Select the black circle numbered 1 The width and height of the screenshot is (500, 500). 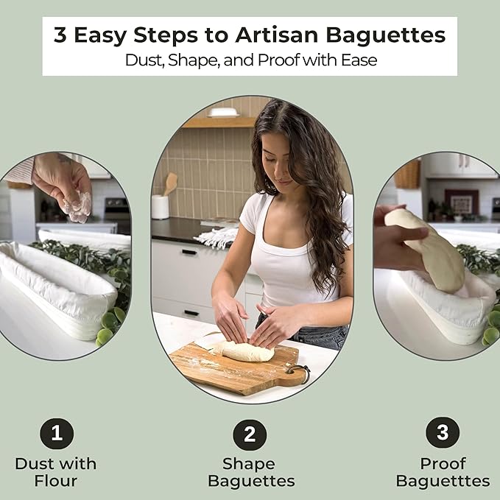56,433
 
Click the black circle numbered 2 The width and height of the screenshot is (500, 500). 250,434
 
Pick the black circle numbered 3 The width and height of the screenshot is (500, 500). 442,433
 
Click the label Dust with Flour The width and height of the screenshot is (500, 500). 55,473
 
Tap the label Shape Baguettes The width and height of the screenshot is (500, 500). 250,473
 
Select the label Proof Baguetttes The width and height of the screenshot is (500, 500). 442,473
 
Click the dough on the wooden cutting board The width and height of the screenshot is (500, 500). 247,353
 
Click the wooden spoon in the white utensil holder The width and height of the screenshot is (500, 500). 169,184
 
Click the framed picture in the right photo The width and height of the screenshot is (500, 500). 462,201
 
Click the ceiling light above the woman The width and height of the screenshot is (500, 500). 222,113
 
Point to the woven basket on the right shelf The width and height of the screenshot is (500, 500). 408,174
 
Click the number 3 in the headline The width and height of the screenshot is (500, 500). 60,35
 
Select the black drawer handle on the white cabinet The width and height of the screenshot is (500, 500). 189,252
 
